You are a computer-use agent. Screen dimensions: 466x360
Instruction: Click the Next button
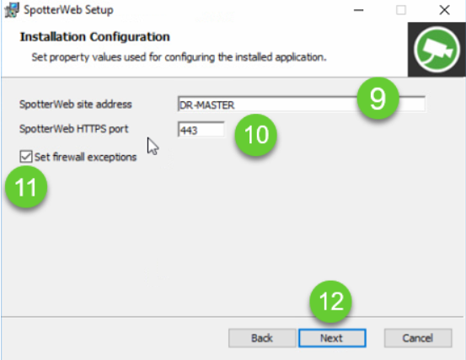tap(332, 338)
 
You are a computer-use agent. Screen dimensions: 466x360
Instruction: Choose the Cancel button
tap(418, 338)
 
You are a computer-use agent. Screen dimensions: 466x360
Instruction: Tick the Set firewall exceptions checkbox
tap(26, 157)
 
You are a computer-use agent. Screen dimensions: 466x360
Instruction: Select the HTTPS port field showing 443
tap(201, 130)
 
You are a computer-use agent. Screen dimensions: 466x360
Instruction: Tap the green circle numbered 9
tap(378, 98)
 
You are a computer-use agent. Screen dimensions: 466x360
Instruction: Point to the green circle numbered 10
tap(256, 135)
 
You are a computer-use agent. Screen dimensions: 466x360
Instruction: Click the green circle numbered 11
tap(26, 187)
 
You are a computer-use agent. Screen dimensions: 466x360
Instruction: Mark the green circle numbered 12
tap(330, 302)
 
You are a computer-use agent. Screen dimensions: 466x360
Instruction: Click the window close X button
tap(444, 10)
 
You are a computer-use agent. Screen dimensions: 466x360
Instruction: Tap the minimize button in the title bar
tap(359, 10)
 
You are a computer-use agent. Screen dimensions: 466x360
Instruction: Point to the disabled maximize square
tap(401, 10)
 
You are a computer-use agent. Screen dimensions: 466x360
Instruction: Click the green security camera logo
tap(437, 50)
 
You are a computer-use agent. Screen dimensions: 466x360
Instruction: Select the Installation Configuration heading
tap(95, 37)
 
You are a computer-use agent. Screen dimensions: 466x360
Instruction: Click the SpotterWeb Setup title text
tap(68, 10)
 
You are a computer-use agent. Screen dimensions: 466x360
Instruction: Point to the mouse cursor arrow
tap(153, 146)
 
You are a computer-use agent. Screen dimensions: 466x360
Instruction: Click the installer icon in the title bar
tap(12, 10)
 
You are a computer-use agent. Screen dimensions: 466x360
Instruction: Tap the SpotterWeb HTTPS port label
tap(73, 129)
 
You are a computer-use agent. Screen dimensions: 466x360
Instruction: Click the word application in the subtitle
tap(301, 57)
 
